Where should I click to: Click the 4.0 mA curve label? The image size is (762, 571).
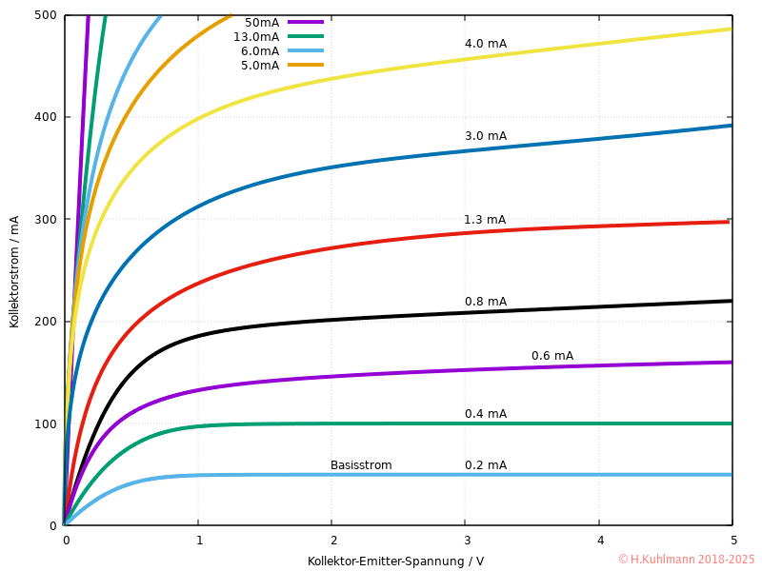(486, 44)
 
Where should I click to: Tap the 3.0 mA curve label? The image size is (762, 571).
(486, 136)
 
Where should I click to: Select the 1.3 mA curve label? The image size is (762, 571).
(485, 220)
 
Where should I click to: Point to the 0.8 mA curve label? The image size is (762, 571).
(486, 302)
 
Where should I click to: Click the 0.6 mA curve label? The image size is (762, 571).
(552, 356)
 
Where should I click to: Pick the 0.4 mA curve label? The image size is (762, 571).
(486, 414)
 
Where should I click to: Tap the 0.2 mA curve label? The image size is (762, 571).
(486, 465)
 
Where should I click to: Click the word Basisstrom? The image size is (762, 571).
(361, 465)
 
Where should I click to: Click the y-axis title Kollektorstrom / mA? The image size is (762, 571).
(14, 270)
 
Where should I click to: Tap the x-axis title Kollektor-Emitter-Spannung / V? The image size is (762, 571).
(395, 561)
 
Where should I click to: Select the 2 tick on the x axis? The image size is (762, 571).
(331, 541)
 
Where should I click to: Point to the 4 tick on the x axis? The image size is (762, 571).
(599, 541)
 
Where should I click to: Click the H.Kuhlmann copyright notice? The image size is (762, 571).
(686, 560)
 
